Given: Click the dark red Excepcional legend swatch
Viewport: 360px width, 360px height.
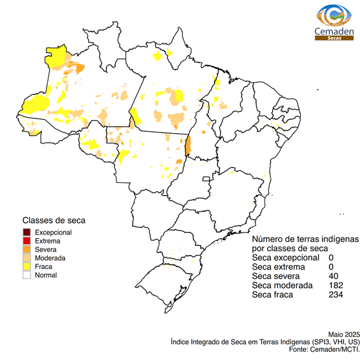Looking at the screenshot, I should [26, 233].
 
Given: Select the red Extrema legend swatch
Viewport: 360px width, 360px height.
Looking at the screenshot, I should [26, 241].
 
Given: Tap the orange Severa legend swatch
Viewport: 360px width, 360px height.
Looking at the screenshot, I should [26, 250].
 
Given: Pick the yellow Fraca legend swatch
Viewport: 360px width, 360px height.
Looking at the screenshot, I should [26, 267].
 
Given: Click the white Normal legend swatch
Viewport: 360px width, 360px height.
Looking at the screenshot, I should [26, 275].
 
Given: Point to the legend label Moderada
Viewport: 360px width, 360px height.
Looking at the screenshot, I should [50, 258].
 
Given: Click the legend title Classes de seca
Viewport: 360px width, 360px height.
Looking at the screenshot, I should [54, 220].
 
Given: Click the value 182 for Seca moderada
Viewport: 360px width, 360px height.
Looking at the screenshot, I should [336, 285].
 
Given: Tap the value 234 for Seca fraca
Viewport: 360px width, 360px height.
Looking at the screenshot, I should [336, 295].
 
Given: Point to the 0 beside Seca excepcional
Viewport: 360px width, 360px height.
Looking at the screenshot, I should [331, 257].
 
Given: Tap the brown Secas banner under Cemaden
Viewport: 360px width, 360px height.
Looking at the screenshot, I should [334, 38].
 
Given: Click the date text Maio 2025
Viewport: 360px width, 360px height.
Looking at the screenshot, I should [344, 334].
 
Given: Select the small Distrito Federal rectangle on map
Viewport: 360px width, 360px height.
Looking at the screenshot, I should [206, 180].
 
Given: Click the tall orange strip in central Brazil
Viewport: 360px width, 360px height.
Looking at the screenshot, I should [187, 144].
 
